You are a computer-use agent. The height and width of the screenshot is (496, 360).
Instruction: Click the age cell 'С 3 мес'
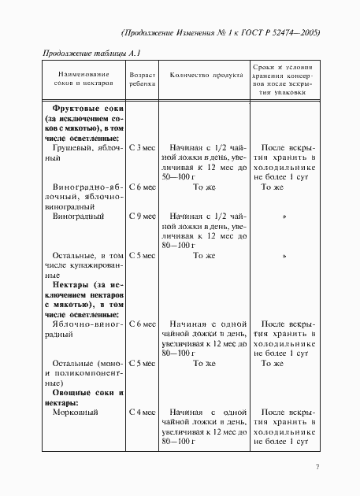coord(141,147)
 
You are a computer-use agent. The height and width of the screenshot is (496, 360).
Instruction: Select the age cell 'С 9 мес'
coord(141,215)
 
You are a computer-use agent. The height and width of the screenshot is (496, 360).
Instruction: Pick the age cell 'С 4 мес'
coord(141,411)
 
